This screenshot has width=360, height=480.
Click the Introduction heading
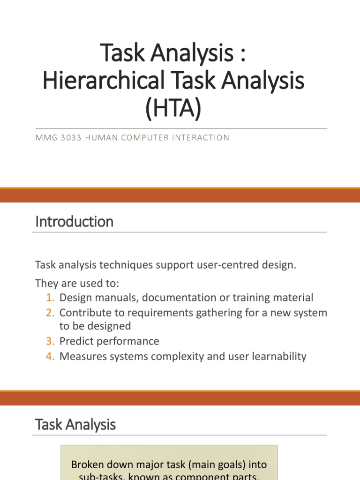74,221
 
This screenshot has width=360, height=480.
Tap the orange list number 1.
51,298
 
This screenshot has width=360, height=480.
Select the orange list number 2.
51,313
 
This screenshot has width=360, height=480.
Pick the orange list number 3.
51,341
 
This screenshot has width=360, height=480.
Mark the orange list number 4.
51,356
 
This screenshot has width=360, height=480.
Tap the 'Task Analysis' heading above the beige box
75,425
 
